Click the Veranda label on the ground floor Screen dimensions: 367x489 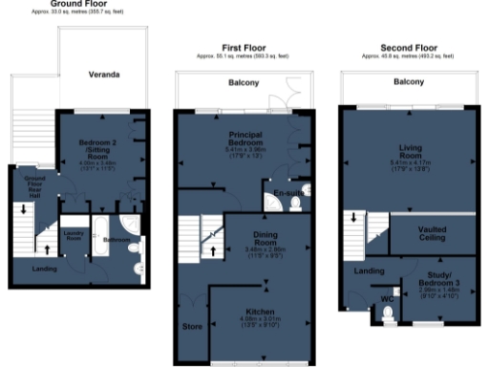click(103, 74)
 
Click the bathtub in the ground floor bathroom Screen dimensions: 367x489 click(100, 239)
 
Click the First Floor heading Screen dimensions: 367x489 click(242, 47)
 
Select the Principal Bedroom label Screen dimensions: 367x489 click(243, 142)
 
